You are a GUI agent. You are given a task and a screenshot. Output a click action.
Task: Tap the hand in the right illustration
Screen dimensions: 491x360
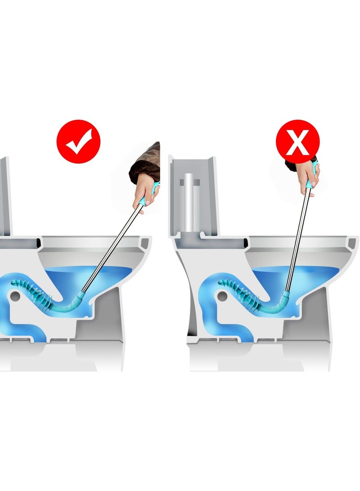pos(310,173)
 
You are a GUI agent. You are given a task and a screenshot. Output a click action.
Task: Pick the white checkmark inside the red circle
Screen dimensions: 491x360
pos(79,142)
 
